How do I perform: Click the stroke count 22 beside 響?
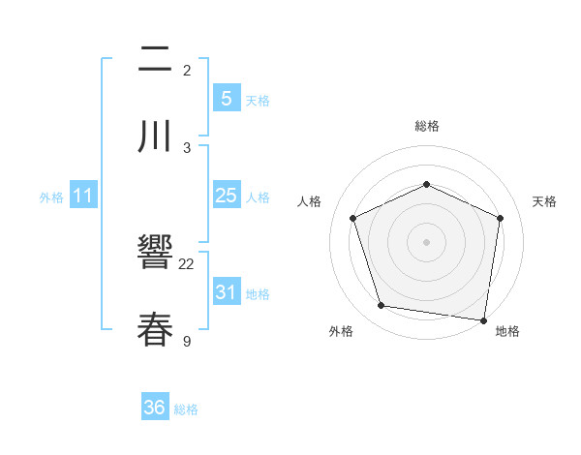coord(187,263)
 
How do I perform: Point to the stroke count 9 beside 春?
coord(187,340)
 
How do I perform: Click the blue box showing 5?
coord(226,98)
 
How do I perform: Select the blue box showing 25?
coord(226,196)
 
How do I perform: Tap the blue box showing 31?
coord(226,291)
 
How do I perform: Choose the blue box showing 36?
coord(154,408)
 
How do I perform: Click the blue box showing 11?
coord(83,196)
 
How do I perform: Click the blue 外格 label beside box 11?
coord(51,197)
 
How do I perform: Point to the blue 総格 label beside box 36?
coord(186,409)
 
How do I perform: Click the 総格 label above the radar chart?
coord(426,126)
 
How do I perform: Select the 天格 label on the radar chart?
coord(544,201)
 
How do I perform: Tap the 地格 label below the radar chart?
coord(507,331)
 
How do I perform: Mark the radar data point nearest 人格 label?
coord(353,218)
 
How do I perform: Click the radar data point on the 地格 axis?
coord(484,319)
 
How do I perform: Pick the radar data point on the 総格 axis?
coord(426,184)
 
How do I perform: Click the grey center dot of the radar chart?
coord(426,241)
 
